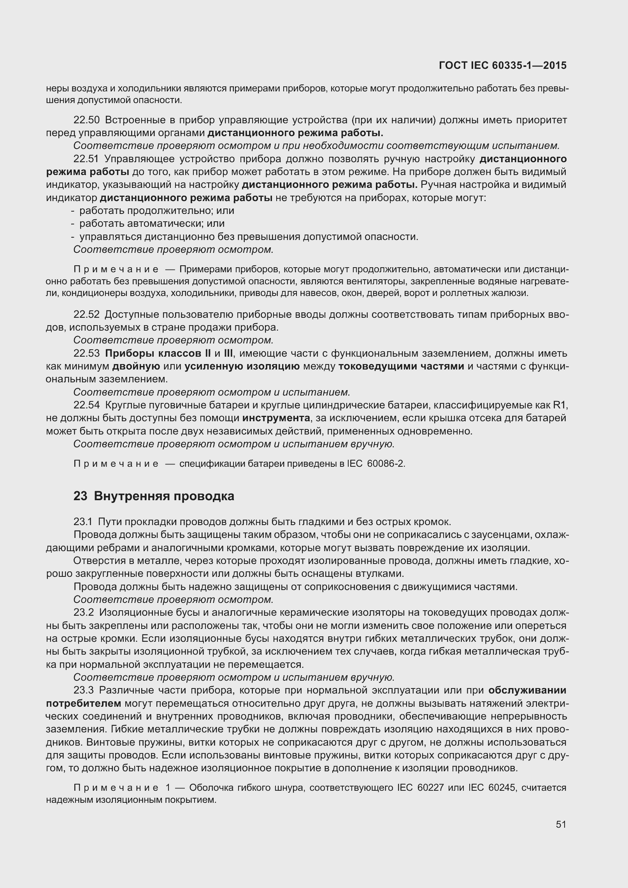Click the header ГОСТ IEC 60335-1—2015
click(x=502, y=66)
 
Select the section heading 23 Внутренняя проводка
click(x=154, y=497)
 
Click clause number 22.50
click(x=87, y=120)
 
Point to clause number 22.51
click(x=87, y=159)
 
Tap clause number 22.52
click(x=87, y=315)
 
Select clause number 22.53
click(x=87, y=354)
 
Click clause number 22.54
click(x=87, y=405)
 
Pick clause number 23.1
click(x=84, y=522)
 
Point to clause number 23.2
click(x=84, y=613)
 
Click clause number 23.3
click(x=84, y=690)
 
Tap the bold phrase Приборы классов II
click(x=158, y=354)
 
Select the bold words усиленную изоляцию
click(x=242, y=366)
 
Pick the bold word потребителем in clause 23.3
click(x=84, y=704)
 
